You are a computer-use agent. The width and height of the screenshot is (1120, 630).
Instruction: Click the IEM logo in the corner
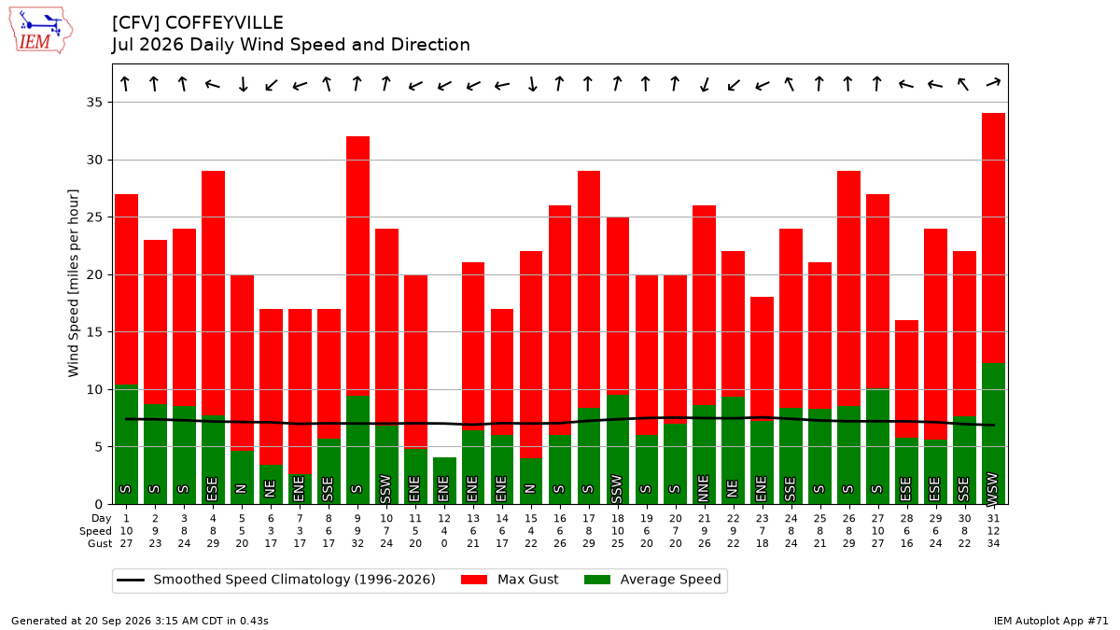(40, 31)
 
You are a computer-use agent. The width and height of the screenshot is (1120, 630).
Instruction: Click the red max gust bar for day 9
(357, 266)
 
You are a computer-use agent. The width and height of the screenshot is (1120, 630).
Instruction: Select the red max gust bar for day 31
(993, 238)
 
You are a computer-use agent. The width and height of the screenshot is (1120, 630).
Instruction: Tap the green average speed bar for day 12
(444, 481)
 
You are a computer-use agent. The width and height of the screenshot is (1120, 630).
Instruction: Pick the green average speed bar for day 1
(127, 444)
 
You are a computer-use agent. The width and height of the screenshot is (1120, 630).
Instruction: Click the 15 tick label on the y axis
(94, 332)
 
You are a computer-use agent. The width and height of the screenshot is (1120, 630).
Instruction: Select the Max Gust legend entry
(510, 580)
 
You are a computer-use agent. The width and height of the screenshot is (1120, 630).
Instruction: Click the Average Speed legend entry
(652, 580)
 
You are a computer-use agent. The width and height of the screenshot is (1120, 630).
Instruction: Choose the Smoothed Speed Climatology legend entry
(276, 580)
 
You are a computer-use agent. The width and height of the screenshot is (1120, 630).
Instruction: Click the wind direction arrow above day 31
(993, 83)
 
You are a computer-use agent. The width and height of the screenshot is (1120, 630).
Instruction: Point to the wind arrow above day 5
(243, 83)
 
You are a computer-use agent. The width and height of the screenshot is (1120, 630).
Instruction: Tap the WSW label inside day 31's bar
(992, 488)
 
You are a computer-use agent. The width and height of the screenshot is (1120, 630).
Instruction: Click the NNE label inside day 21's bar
(704, 487)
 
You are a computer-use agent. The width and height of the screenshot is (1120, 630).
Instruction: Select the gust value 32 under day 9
(357, 543)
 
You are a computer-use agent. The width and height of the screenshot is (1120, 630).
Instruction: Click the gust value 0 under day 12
(444, 543)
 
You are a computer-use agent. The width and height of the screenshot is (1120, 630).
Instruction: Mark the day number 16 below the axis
(560, 519)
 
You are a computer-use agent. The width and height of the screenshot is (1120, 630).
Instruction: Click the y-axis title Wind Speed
(74, 283)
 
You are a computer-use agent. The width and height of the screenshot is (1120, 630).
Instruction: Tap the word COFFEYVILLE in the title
(225, 23)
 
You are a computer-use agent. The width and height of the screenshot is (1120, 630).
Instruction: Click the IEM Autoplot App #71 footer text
(1051, 621)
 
